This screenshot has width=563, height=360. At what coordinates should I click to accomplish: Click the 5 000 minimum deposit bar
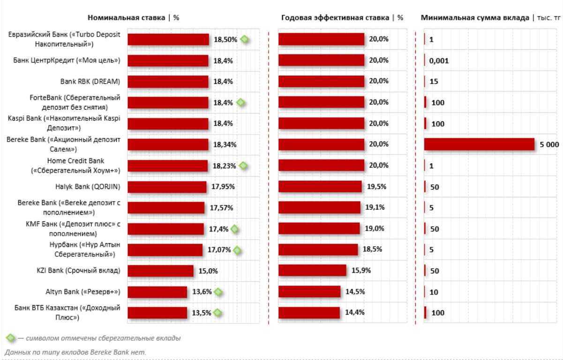click(x=479, y=144)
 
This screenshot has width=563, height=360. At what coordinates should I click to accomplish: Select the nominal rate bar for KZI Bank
click(x=160, y=271)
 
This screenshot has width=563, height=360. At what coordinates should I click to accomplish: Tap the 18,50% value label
click(x=225, y=39)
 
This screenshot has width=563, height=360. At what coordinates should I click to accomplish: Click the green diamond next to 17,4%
click(x=234, y=229)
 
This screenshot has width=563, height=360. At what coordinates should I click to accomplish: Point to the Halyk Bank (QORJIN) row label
click(x=88, y=187)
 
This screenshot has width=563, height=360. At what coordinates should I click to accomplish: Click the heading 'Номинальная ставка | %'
click(x=134, y=18)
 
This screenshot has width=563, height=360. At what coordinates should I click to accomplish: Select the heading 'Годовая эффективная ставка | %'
click(x=342, y=18)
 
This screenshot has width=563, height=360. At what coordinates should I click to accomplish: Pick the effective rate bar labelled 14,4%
click(x=309, y=313)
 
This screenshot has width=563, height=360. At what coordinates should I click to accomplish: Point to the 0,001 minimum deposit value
click(x=439, y=60)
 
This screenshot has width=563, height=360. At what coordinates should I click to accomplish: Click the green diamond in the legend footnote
click(x=10, y=337)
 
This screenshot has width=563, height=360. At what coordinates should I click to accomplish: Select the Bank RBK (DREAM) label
click(x=90, y=81)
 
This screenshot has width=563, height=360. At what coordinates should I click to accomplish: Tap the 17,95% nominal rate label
click(x=223, y=187)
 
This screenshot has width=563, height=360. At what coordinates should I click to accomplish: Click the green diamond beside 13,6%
click(x=218, y=292)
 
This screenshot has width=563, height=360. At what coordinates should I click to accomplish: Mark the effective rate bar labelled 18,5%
click(x=318, y=250)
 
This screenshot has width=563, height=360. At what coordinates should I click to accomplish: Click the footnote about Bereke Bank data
click(x=75, y=352)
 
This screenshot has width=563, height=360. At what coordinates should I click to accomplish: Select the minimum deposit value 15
click(x=434, y=82)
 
